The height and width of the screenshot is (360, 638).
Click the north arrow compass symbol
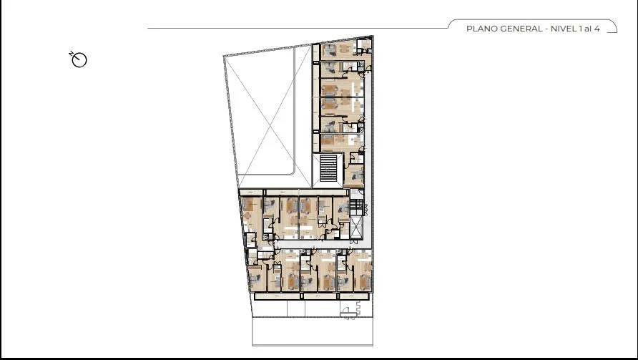[x=79, y=60]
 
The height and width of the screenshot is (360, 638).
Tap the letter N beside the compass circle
[x=71, y=54]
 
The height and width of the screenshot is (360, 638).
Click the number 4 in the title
[x=597, y=29]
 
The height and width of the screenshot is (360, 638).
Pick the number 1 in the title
[x=580, y=29]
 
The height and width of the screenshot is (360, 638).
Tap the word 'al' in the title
[x=587, y=29]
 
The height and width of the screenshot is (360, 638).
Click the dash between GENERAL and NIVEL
[x=546, y=29]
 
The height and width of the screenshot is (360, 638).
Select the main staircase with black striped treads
[x=328, y=167]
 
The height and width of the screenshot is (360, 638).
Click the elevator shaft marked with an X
[x=356, y=228]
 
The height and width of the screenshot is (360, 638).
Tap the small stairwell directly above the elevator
[x=356, y=208]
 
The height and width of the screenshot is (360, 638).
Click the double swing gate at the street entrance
[x=349, y=313]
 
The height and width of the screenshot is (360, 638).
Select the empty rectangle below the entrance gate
[x=313, y=331]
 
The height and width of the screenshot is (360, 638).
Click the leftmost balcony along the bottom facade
[x=278, y=296]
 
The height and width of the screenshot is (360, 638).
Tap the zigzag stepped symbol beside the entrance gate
[x=358, y=308]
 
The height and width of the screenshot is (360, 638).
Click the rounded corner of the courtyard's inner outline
[x=292, y=172]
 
